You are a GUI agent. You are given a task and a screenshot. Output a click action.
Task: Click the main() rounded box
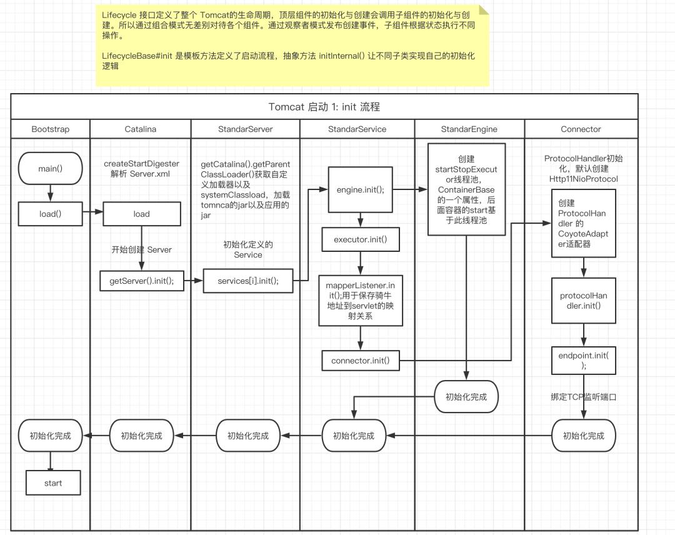pos(50,168)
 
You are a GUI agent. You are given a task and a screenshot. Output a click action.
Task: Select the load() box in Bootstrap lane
pos(50,214)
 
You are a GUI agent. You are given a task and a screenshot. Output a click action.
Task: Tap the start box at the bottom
pos(52,482)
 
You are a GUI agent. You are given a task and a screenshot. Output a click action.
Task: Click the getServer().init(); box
pos(141,281)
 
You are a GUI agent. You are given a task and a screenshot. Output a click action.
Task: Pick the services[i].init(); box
pos(247,281)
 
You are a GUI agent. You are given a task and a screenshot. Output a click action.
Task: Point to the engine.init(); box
pos(356,189)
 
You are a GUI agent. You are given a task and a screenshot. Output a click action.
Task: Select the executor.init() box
pos(360,239)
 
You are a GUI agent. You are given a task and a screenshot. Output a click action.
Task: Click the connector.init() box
pos(360,360)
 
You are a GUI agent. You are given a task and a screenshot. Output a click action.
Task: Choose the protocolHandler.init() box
pos(583,300)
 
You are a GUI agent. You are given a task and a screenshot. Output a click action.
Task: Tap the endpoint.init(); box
pos(583,361)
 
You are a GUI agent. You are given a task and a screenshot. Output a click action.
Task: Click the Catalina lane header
pos(141,129)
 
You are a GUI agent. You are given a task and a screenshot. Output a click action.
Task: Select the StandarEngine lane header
pos(469,129)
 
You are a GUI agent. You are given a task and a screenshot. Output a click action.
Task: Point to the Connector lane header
pos(581,129)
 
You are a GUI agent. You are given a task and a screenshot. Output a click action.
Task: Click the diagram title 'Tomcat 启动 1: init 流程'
pos(324,106)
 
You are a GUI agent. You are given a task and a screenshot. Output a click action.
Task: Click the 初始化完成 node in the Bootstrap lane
pos(50,436)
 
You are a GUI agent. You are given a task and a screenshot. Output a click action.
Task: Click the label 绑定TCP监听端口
pos(583,396)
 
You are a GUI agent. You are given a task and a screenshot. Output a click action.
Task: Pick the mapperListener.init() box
pos(360,300)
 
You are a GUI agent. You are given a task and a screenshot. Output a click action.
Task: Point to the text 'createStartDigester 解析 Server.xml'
pos(141,169)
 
